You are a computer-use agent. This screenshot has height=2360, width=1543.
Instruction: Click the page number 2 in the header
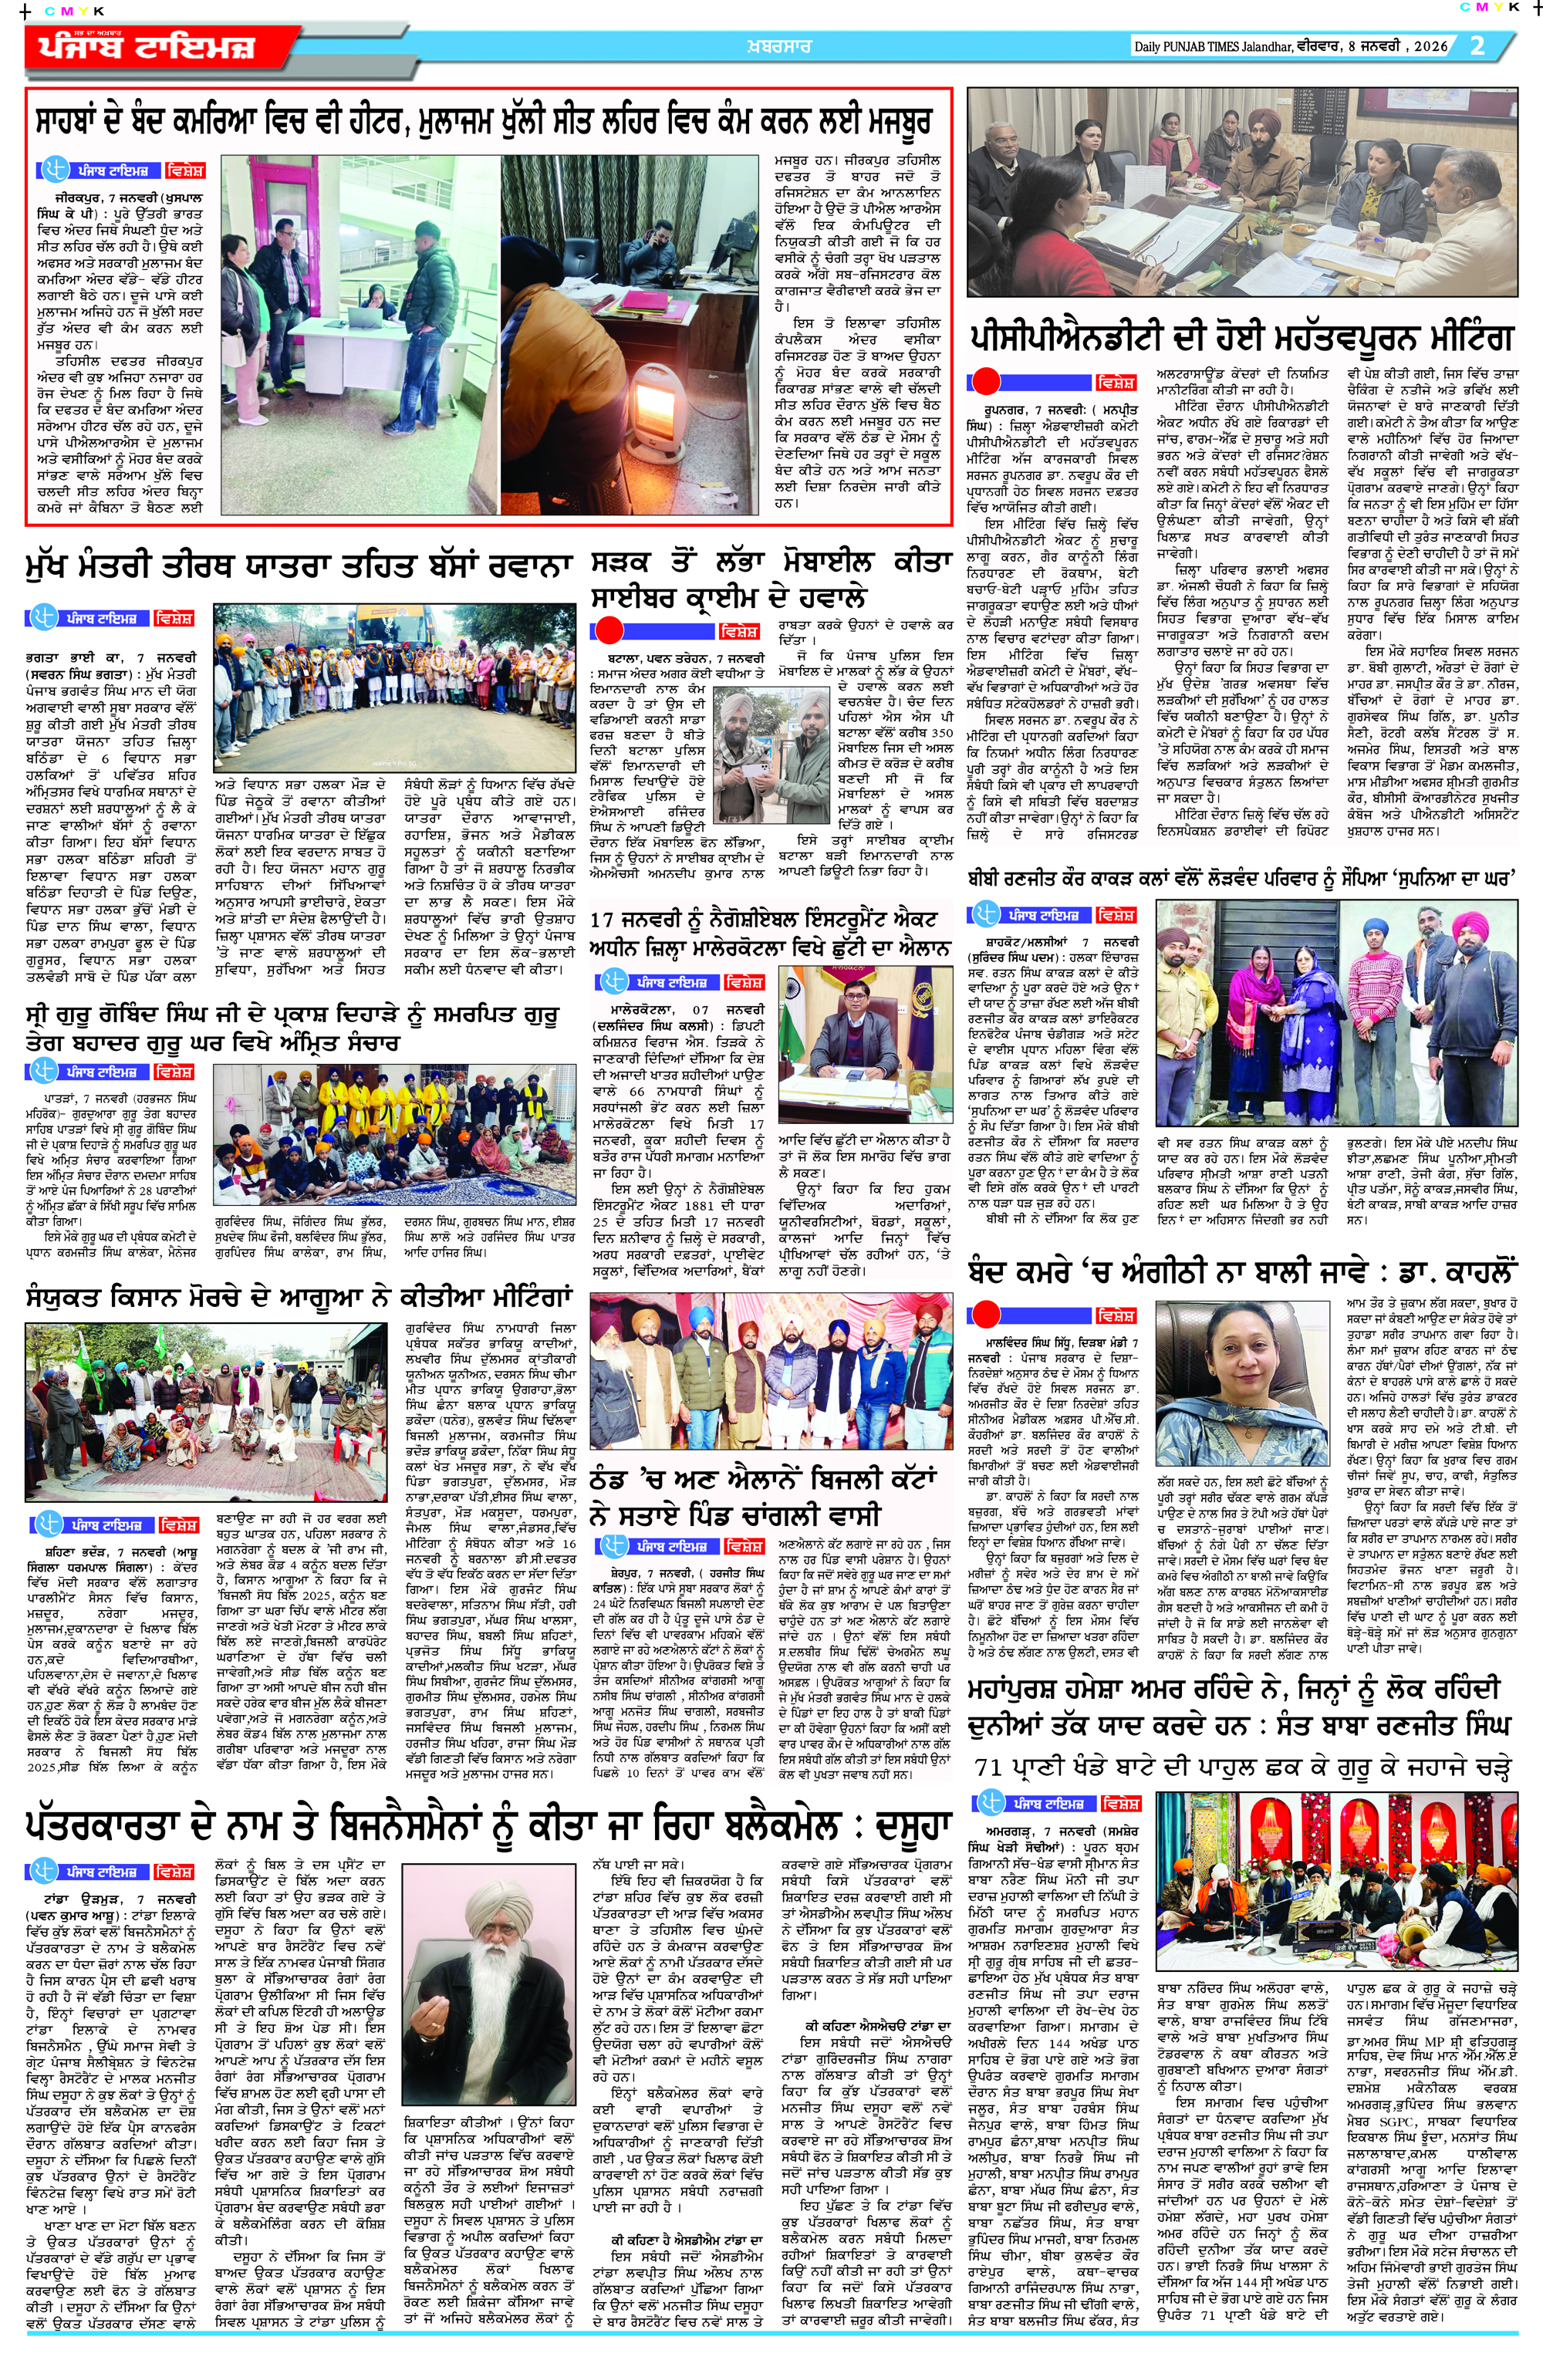click(x=1477, y=46)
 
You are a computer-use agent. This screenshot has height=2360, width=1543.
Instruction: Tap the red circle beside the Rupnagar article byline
click(x=984, y=381)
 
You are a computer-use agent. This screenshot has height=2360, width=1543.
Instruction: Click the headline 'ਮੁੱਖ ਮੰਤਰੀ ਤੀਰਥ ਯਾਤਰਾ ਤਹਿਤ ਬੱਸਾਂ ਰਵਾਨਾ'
click(x=299, y=567)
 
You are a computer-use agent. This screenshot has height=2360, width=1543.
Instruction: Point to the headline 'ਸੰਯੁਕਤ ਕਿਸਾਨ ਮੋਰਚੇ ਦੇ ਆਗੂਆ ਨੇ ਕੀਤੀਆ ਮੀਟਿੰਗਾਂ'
click(x=299, y=1297)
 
